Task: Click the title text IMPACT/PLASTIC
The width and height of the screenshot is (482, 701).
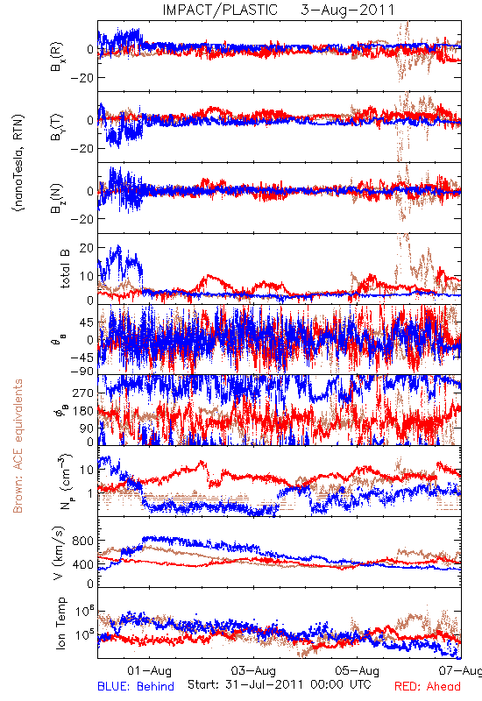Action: pyautogui.click(x=220, y=10)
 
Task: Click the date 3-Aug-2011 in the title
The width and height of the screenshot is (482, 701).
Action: pyautogui.click(x=348, y=10)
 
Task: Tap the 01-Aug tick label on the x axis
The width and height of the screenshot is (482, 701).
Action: pyautogui.click(x=149, y=670)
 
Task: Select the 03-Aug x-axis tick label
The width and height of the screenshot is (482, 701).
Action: pyautogui.click(x=253, y=670)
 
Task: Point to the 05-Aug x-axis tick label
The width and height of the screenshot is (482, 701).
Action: pyautogui.click(x=358, y=670)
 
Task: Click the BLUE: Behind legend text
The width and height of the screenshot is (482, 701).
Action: pyautogui.click(x=136, y=686)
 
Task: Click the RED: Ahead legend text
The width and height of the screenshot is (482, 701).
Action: pyautogui.click(x=428, y=686)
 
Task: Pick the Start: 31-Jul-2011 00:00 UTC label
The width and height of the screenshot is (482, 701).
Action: pyautogui.click(x=279, y=684)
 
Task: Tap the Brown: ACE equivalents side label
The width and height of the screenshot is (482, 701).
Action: pyautogui.click(x=18, y=446)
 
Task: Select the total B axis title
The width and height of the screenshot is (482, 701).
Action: pyautogui.click(x=65, y=269)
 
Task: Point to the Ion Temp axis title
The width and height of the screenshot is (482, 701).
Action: pyautogui.click(x=60, y=623)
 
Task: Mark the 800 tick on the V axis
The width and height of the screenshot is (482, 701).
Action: pyautogui.click(x=82, y=541)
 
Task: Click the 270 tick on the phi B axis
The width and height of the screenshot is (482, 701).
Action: pyautogui.click(x=83, y=393)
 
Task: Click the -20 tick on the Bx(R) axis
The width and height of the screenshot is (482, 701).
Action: pyautogui.click(x=82, y=78)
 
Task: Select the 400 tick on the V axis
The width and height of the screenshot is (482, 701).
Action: pyautogui.click(x=82, y=564)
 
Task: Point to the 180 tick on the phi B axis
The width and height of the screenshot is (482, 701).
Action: pyautogui.click(x=83, y=411)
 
